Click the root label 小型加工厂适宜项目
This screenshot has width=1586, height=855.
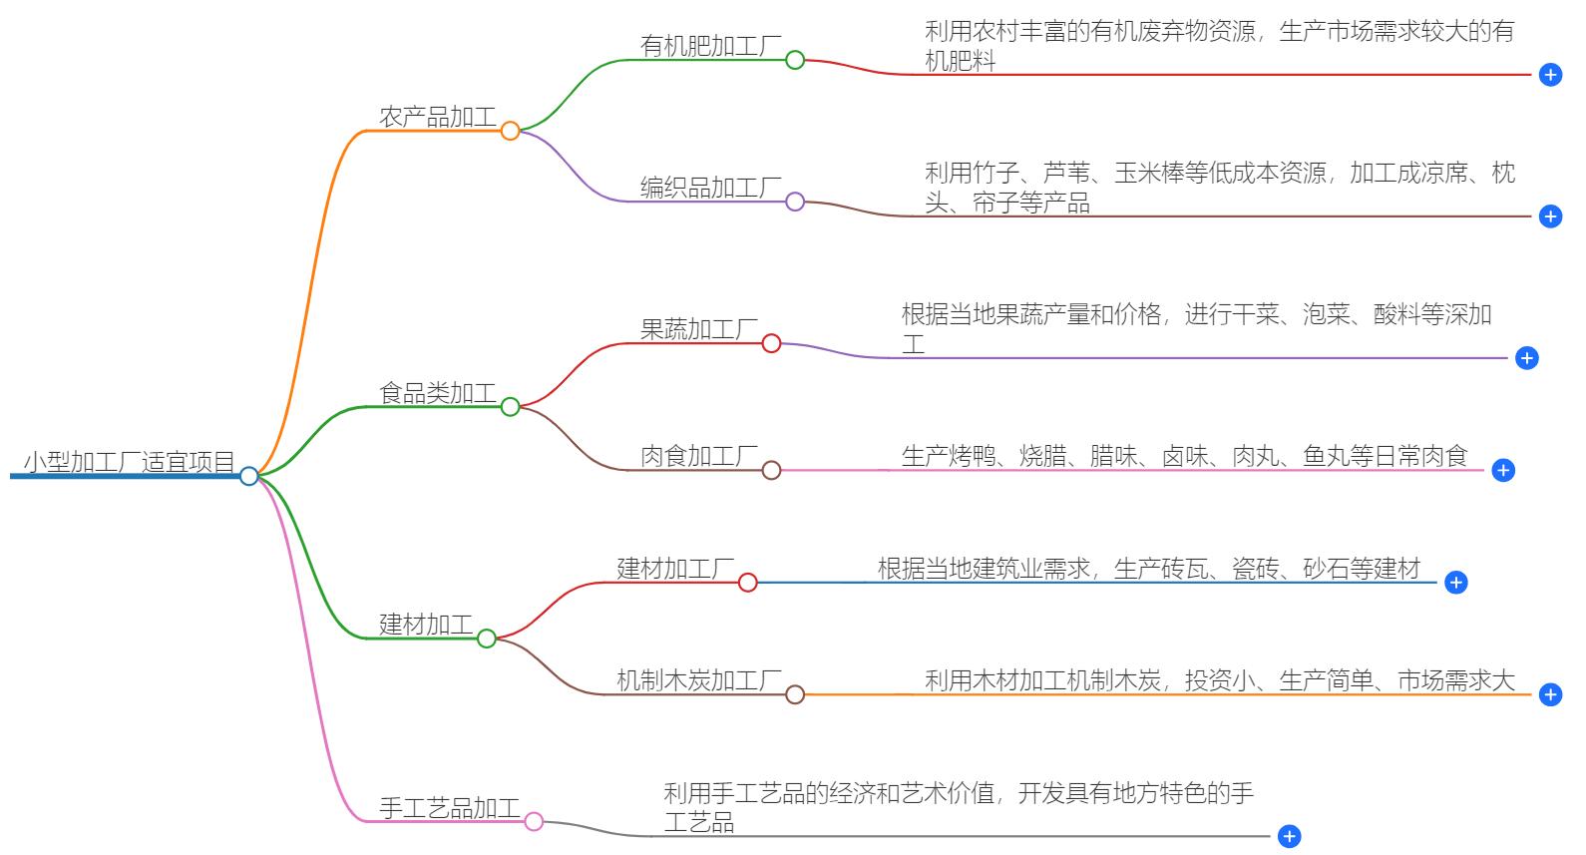[x=129, y=462]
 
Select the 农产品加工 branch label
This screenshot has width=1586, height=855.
[x=437, y=117]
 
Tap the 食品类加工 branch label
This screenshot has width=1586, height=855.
[x=437, y=393]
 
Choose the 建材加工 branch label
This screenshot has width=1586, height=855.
[x=426, y=625]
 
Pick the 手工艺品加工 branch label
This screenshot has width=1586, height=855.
[x=449, y=807]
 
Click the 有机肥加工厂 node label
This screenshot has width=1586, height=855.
[x=710, y=46]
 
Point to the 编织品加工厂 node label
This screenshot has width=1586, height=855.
[x=710, y=188]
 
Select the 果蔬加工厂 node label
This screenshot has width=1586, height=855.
[x=698, y=329]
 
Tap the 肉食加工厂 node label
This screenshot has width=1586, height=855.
[x=698, y=456]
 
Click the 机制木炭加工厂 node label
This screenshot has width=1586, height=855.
[x=698, y=680]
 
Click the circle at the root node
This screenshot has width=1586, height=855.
[x=249, y=476]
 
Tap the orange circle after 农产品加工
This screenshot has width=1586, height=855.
[x=510, y=131]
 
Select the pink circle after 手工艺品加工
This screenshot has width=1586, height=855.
[x=534, y=821]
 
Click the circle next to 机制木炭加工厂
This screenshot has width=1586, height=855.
[x=795, y=694]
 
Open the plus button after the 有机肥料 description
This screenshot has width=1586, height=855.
[x=1550, y=75]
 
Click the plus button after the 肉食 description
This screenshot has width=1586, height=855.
[x=1503, y=470]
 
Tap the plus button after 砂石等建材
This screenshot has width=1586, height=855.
[x=1456, y=583]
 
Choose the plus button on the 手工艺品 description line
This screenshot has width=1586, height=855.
[x=1289, y=836]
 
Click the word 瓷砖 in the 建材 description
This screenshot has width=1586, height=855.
[x=1255, y=569]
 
